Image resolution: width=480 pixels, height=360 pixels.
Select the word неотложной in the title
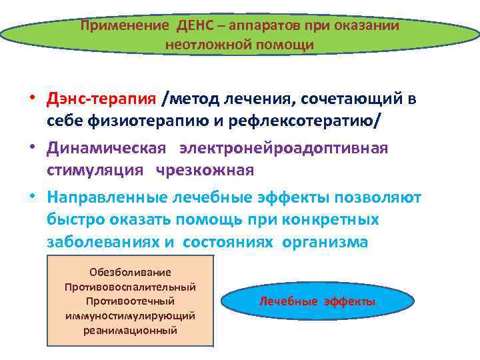tap(201, 45)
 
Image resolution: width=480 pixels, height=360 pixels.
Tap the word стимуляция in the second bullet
tap(95, 169)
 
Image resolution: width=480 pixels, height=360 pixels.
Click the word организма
tap(325, 241)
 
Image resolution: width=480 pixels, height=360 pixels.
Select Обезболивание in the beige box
tap(130, 272)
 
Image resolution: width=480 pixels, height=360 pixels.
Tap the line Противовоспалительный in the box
tap(130, 287)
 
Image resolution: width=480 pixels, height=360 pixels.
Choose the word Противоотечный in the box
tap(130, 301)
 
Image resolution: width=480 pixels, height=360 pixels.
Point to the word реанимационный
tap(130, 329)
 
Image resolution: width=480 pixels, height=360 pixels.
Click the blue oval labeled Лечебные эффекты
tap(317, 301)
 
